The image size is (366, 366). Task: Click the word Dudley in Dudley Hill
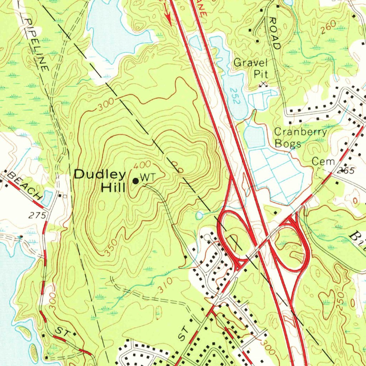(100, 175)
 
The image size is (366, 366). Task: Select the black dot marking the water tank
(135, 181)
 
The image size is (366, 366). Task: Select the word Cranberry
(300, 132)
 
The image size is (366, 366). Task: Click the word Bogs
(288, 144)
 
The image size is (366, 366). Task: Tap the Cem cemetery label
(323, 162)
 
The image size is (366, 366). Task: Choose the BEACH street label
(24, 185)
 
